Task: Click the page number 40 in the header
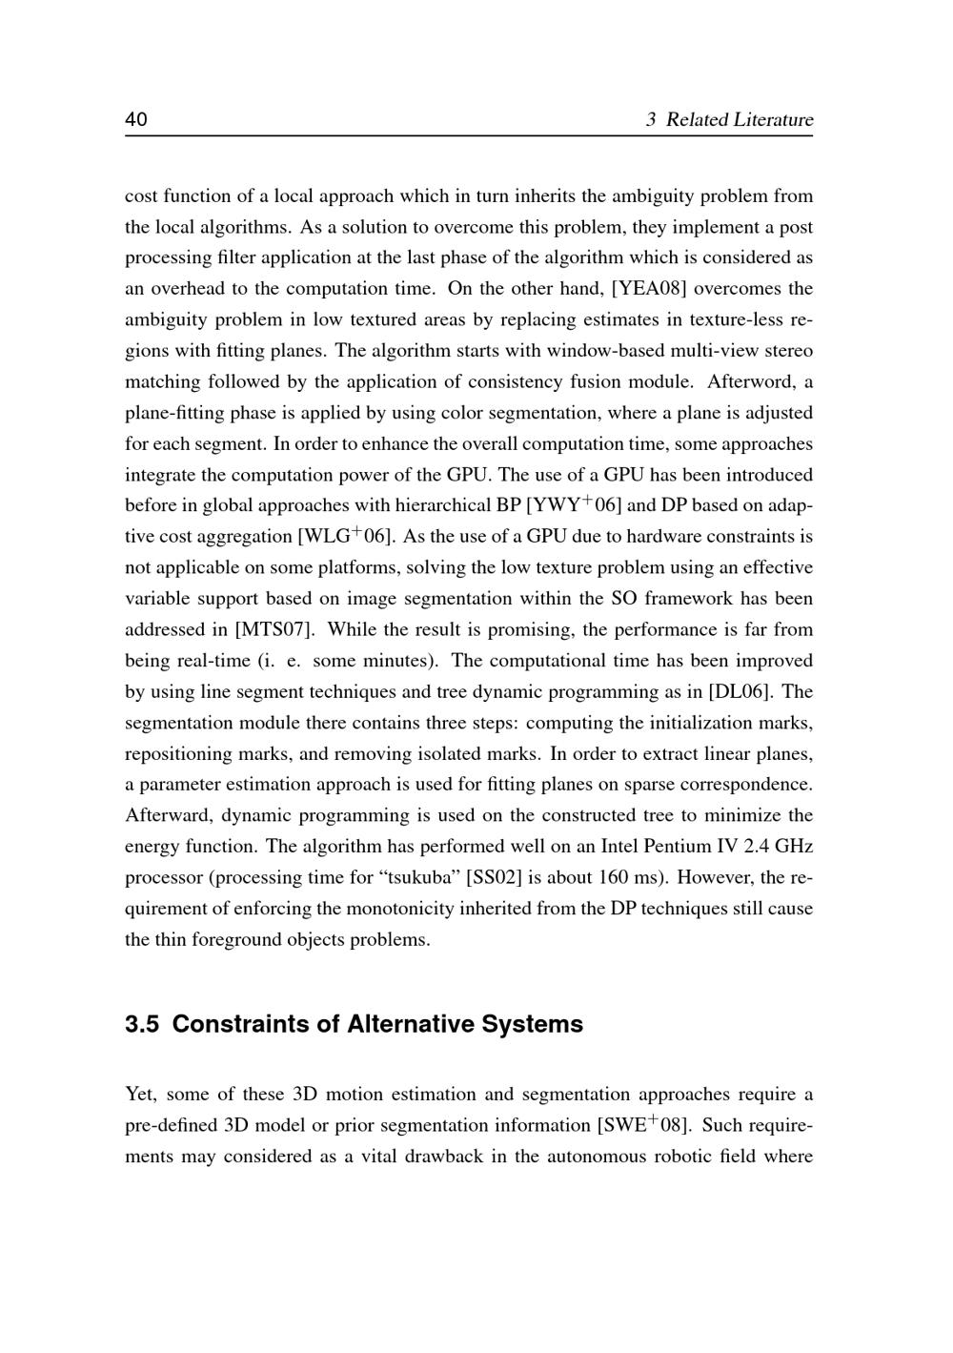coord(136,119)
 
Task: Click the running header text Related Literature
coord(739,120)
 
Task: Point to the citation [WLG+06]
coord(346,536)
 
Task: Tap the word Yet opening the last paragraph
coord(140,1094)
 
